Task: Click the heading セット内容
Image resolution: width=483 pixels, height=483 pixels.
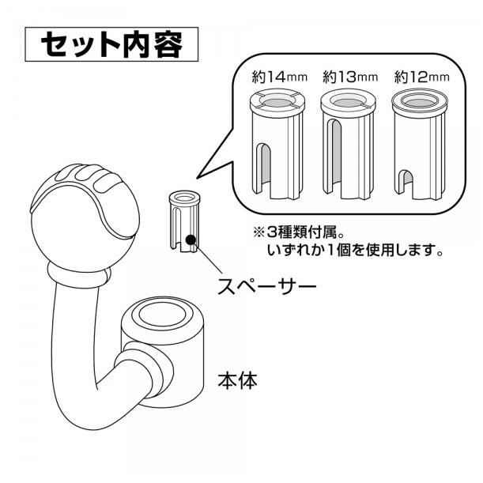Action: (111, 44)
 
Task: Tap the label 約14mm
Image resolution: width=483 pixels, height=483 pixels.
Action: (279, 77)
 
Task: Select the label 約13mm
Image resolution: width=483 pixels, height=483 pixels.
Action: (350, 77)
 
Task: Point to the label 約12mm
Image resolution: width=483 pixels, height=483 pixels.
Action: (421, 77)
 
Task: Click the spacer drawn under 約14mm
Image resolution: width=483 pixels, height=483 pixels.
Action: (277, 144)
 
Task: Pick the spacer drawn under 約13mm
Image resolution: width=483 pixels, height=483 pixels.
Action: (349, 144)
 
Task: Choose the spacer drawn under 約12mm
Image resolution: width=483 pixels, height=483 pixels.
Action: (420, 144)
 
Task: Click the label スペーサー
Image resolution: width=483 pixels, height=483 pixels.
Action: (266, 286)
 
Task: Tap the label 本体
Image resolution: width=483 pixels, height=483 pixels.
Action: (237, 380)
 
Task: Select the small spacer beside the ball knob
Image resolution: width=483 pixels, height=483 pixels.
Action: (184, 222)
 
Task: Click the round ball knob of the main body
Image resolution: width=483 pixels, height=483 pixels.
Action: (85, 218)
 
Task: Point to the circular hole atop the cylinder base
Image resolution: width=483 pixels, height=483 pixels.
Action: (162, 315)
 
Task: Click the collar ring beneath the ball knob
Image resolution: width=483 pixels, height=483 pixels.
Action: (79, 275)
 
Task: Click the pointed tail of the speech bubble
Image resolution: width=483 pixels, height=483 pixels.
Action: (197, 178)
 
